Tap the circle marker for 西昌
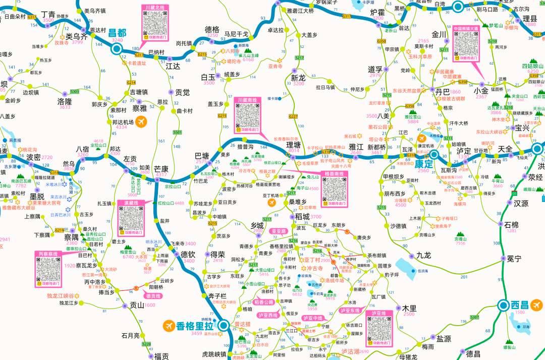pyautogui.click(x=504, y=305)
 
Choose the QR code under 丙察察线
pyautogui.click(x=49, y=270)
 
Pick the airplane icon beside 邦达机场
pyautogui.click(x=141, y=122)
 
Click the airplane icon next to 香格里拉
pyautogui.click(x=168, y=326)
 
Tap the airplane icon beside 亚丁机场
pyautogui.click(x=271, y=203)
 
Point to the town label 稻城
pyautogui.click(x=302, y=216)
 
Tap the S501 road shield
pyautogui.click(x=177, y=132)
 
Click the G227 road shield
pyautogui.click(x=293, y=116)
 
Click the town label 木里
pyautogui.click(x=409, y=308)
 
